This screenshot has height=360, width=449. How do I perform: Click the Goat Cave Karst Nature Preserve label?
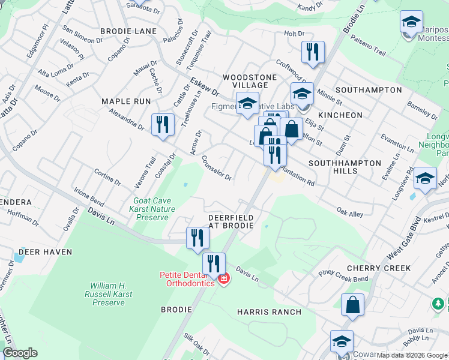[x=152, y=209]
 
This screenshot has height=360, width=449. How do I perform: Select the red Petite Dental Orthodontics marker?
[x=224, y=279]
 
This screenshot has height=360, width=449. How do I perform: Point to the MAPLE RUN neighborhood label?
[x=126, y=101]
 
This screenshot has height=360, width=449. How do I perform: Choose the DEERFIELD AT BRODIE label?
[x=231, y=221]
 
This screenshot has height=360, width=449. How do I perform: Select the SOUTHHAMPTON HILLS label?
[x=345, y=167]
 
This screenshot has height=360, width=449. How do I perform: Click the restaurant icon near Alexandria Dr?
[x=163, y=124]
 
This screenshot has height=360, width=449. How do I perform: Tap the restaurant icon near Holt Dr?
[x=313, y=52]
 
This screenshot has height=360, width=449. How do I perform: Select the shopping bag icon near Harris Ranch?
[x=352, y=304]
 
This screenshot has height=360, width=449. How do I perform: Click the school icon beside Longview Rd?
[x=425, y=178]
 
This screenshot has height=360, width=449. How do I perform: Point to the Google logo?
[x=19, y=353]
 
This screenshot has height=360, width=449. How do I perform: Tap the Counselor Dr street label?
[x=217, y=168]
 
